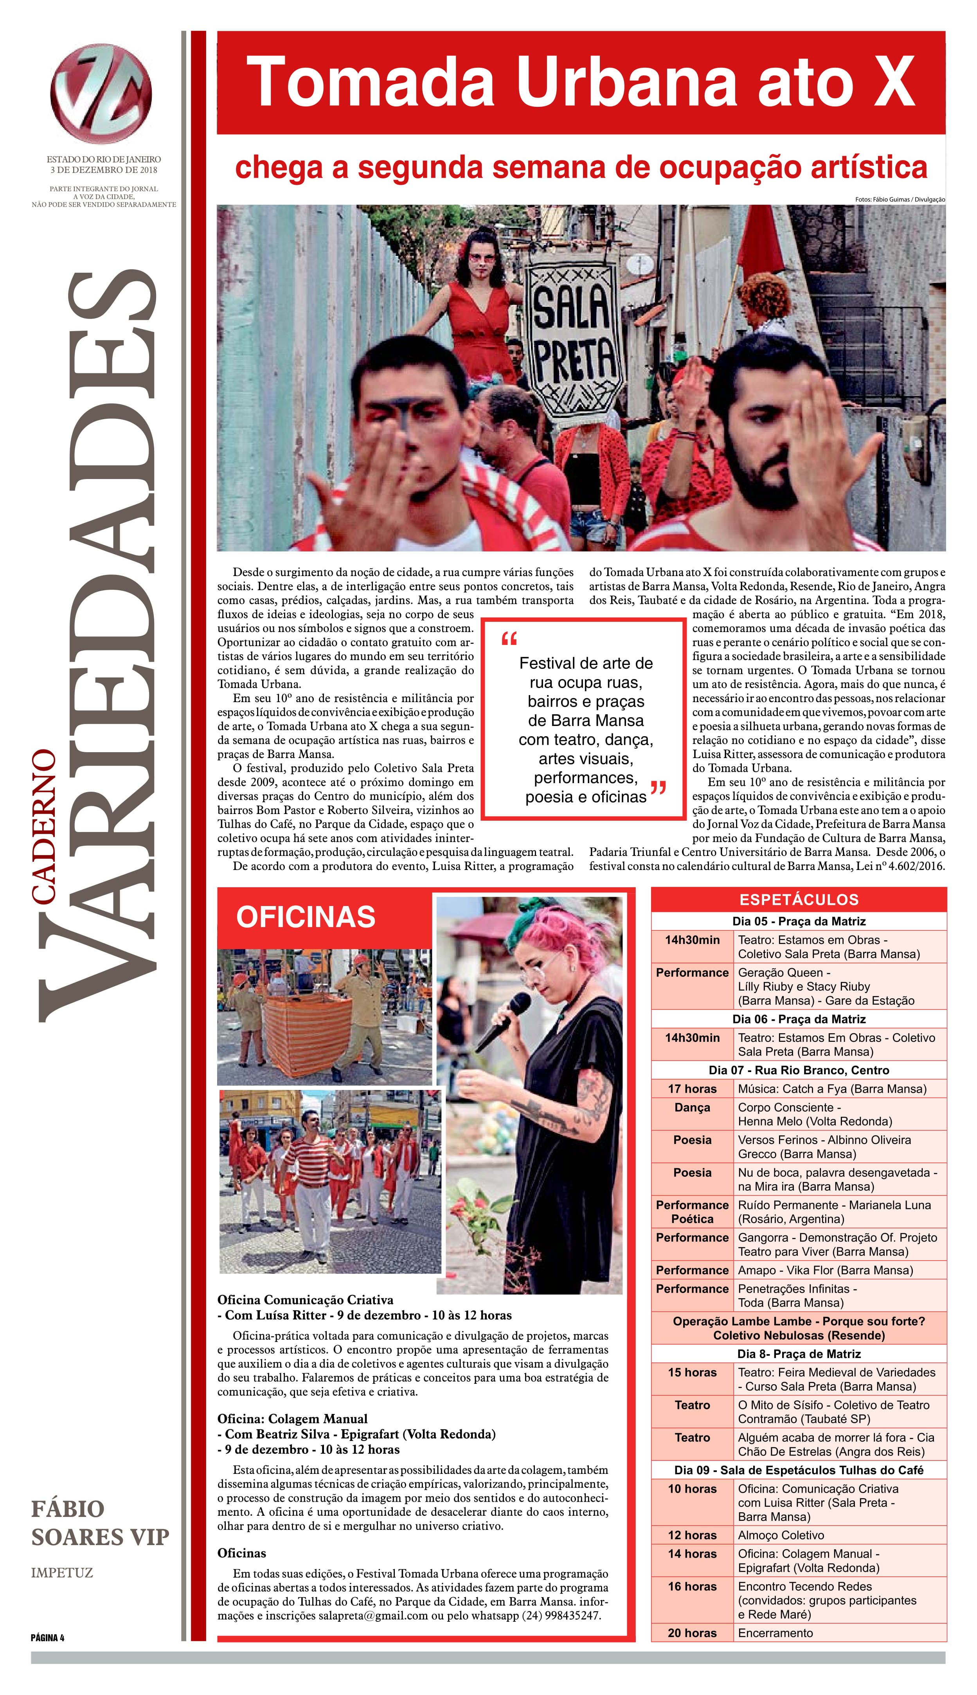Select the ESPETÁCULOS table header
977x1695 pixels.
tap(799, 900)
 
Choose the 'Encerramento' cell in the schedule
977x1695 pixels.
tap(775, 1633)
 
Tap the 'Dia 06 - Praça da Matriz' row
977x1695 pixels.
tap(799, 1019)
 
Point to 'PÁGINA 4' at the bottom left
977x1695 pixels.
tap(48, 1637)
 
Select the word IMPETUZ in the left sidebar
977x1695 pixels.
tap(62, 1573)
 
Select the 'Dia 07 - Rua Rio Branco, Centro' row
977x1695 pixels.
tap(799, 1070)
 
